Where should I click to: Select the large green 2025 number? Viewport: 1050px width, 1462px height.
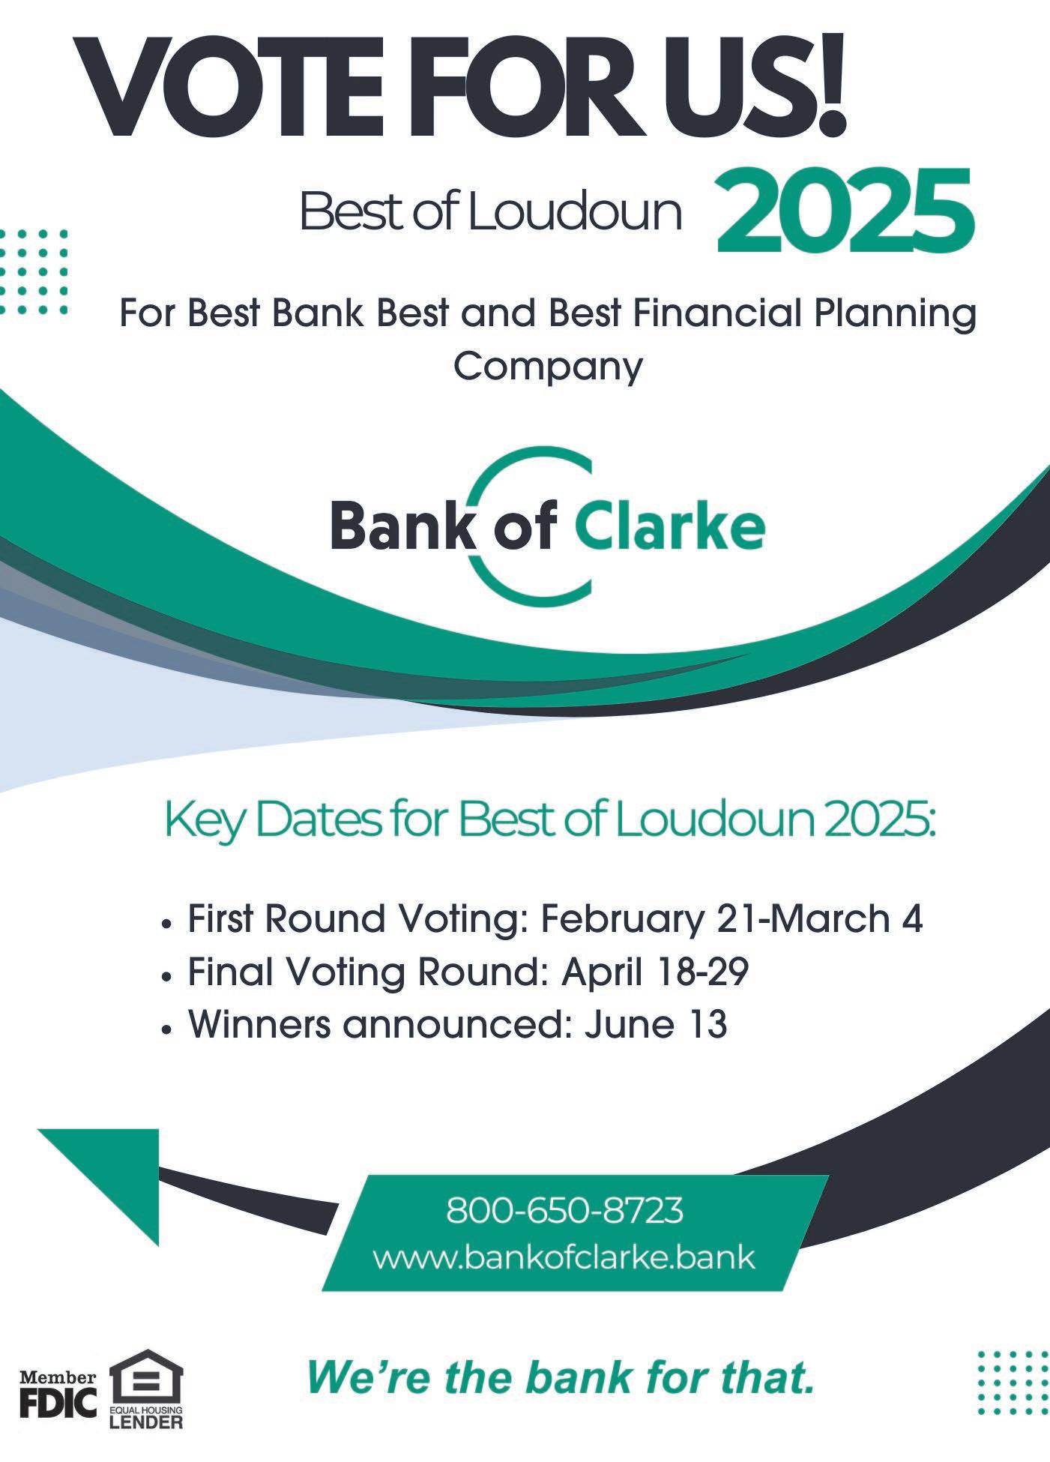tap(845, 211)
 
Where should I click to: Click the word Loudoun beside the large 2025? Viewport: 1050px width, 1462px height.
tap(574, 211)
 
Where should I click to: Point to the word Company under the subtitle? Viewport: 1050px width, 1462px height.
tap(549, 367)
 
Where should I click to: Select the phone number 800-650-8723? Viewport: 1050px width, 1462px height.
tap(564, 1210)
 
